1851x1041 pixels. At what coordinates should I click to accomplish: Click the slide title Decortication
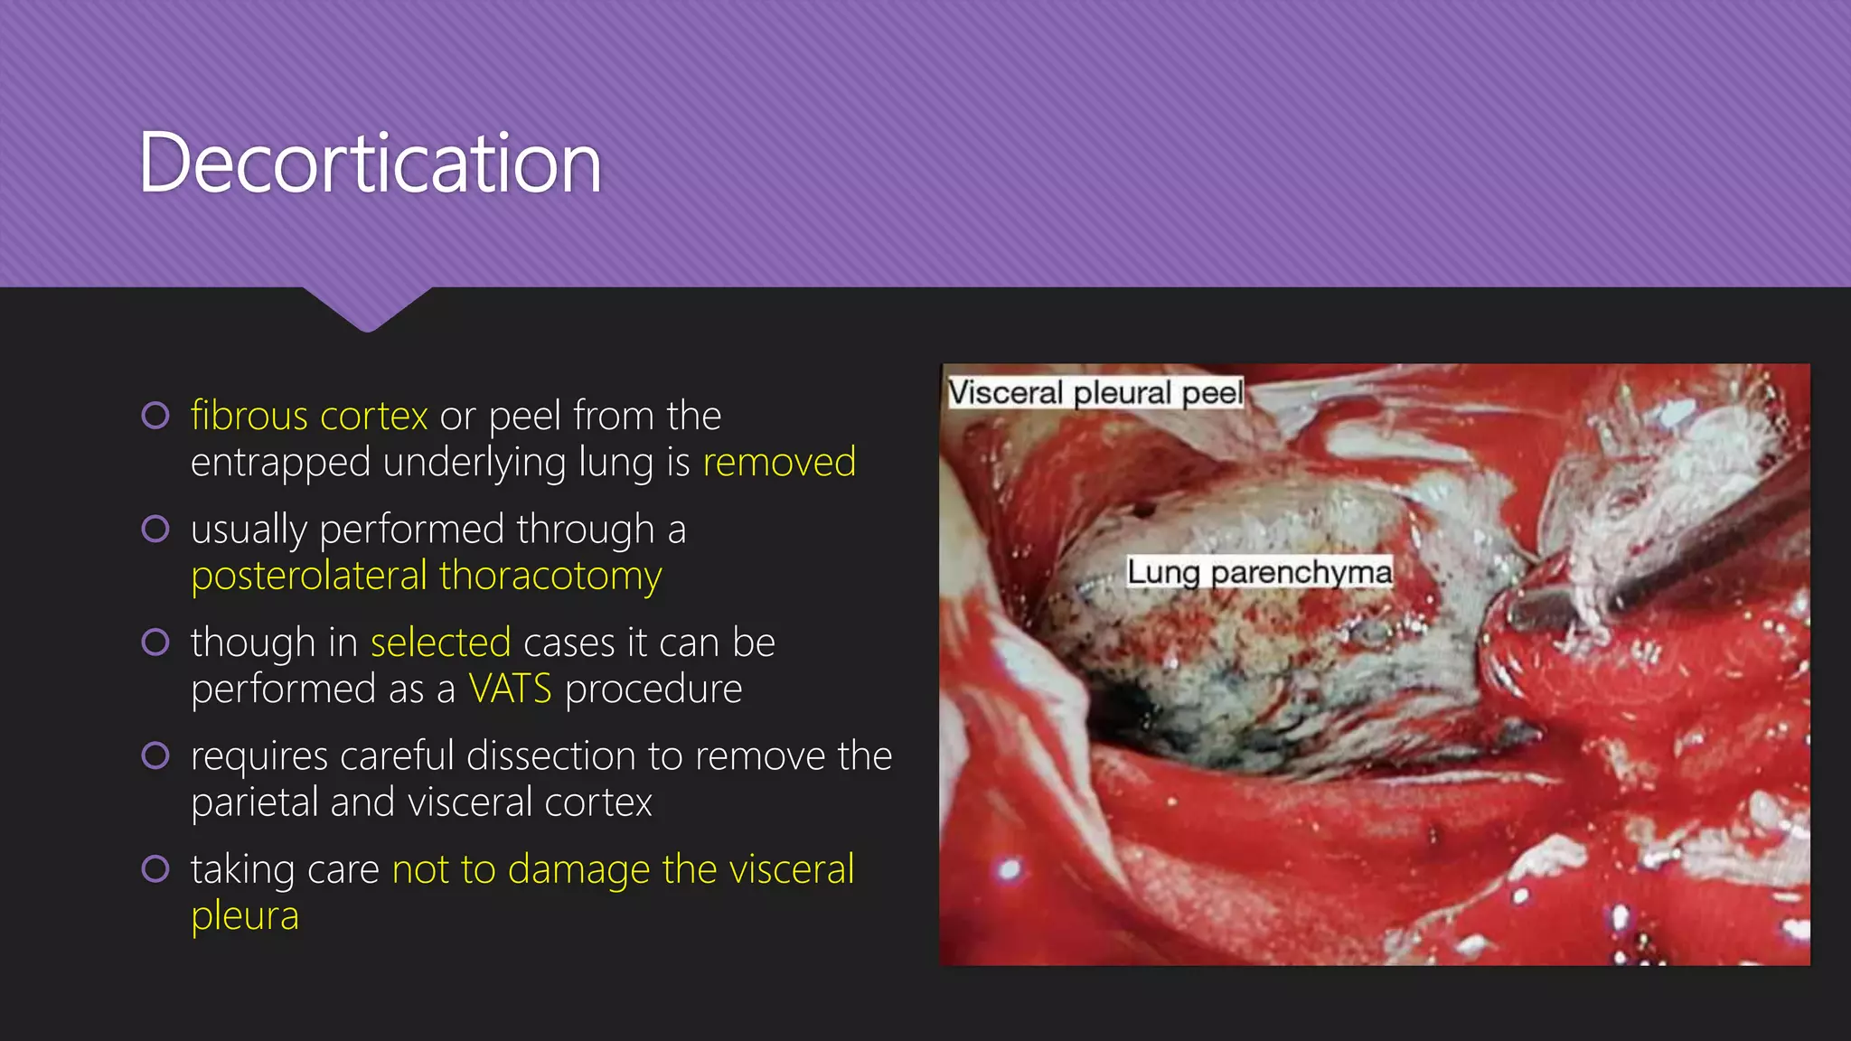click(x=370, y=164)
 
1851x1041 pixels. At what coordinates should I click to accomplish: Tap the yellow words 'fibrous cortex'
click(x=309, y=416)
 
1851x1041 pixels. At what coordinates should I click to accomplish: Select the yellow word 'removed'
click(x=779, y=462)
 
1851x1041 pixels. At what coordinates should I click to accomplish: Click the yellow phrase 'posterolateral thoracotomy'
click(x=427, y=576)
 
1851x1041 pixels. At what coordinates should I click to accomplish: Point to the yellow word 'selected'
click(x=440, y=642)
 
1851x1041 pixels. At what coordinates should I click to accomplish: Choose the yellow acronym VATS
click(x=510, y=689)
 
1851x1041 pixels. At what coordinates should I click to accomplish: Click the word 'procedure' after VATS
click(x=653, y=689)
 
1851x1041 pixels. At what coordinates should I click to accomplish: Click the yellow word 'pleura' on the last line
click(x=245, y=915)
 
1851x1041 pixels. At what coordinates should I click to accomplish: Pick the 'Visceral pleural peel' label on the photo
click(x=1095, y=393)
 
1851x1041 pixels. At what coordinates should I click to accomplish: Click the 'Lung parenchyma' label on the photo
click(x=1259, y=572)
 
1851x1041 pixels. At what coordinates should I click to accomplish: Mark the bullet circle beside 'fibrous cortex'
click(x=155, y=416)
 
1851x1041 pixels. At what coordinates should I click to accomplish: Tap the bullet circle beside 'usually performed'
click(x=155, y=529)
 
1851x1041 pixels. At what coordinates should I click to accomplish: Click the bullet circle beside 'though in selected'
click(x=155, y=642)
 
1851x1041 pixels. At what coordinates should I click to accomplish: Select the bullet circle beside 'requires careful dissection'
click(x=155, y=755)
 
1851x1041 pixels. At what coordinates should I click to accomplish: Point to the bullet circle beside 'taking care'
click(x=155, y=869)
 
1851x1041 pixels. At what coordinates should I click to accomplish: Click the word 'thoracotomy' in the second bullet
click(x=550, y=576)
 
